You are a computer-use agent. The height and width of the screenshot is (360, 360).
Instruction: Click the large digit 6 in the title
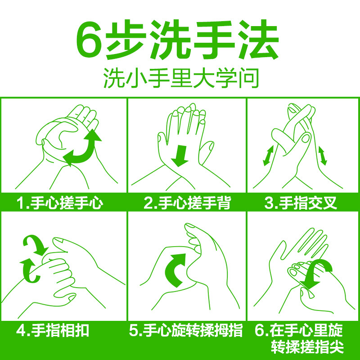(89, 40)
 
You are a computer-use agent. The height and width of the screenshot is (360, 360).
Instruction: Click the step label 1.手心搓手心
(60, 203)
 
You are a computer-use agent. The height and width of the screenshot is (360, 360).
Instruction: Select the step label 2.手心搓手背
(187, 203)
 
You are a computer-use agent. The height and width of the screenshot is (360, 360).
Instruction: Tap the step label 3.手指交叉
(301, 203)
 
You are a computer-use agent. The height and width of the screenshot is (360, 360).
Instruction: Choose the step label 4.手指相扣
(53, 330)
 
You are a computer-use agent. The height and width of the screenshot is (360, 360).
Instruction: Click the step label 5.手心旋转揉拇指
(186, 330)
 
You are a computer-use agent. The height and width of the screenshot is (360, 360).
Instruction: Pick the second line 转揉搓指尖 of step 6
(307, 346)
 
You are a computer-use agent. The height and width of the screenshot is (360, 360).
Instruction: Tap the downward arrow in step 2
(180, 156)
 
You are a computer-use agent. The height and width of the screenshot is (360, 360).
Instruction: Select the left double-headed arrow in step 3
(268, 155)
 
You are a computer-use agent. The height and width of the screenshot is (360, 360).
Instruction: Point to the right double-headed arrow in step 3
(322, 156)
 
